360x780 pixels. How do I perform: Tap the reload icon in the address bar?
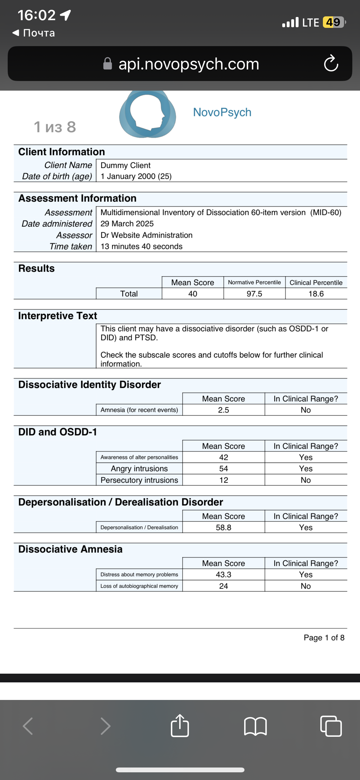[331, 63]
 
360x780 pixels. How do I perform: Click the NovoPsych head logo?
[148, 114]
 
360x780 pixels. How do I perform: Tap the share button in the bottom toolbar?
[180, 726]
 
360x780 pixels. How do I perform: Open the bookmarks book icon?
[255, 726]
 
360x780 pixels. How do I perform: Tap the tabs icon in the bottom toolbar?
[331, 726]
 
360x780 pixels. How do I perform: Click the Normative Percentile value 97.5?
[254, 294]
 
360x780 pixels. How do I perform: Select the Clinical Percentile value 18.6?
[316, 294]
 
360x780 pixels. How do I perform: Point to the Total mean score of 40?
[193, 294]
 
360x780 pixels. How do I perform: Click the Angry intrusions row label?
[139, 468]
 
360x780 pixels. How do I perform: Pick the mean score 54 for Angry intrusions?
[223, 468]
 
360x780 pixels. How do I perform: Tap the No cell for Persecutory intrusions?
[306, 480]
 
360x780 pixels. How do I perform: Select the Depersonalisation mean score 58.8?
[223, 527]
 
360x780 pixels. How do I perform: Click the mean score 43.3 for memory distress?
[223, 574]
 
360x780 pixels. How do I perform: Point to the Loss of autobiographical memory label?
[139, 586]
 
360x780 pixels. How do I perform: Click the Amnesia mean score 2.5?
[223, 410]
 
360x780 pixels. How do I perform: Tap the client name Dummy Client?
[125, 165]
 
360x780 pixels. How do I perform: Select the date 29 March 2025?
[127, 223]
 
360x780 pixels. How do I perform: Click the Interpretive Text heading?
[58, 316]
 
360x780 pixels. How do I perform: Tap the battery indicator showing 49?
[334, 22]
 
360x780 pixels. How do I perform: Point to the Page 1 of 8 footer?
[324, 638]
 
